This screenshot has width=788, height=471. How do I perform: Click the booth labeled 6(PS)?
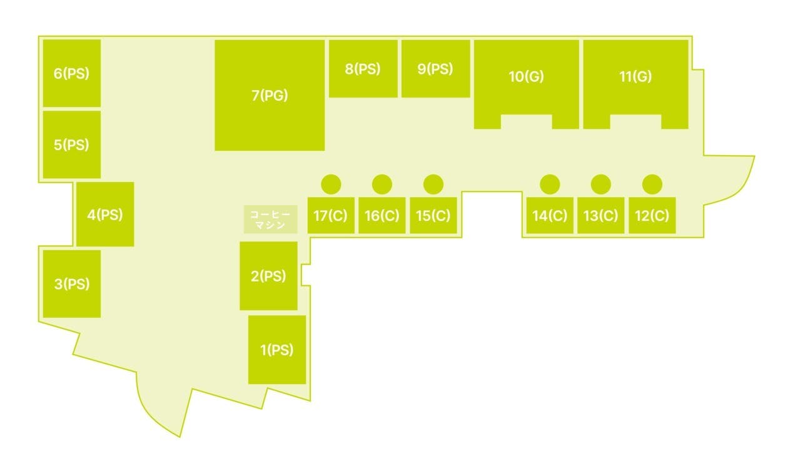(x=71, y=74)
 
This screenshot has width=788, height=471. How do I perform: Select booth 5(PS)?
(x=71, y=144)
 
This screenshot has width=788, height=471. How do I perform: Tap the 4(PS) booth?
(x=105, y=215)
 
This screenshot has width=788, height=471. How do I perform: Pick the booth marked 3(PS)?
(x=71, y=284)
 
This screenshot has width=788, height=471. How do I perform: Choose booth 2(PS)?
(x=268, y=276)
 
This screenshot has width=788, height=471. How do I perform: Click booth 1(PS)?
(x=277, y=350)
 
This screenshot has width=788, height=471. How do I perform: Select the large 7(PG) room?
(x=270, y=96)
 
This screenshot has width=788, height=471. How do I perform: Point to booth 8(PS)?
(x=363, y=69)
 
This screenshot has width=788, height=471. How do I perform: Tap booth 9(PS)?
(x=435, y=69)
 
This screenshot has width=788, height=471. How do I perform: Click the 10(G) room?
(x=526, y=77)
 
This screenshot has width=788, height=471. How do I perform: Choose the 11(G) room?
(x=635, y=77)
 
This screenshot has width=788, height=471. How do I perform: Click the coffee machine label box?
(x=270, y=219)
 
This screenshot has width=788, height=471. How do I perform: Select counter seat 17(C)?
(x=331, y=216)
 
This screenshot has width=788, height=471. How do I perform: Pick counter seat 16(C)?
(x=381, y=216)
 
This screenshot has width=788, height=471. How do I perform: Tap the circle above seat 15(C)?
(x=433, y=184)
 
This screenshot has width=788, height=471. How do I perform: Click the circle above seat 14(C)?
(x=550, y=184)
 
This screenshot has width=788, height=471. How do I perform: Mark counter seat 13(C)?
(x=600, y=216)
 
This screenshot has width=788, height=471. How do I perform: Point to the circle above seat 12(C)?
(x=652, y=184)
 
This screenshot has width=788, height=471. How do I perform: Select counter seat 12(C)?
(x=652, y=216)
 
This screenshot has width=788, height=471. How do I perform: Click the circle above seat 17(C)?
(x=331, y=184)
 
